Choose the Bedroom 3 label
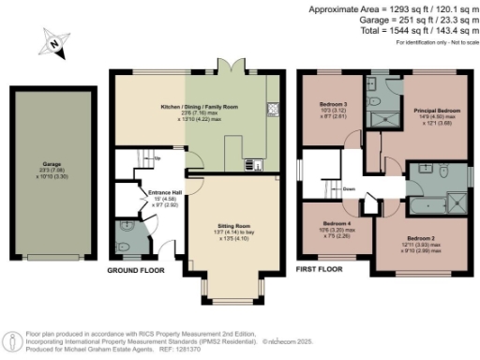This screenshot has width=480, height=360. click(333, 103)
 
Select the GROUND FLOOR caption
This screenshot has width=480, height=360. click(135, 270)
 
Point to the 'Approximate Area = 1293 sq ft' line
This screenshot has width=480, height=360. click(386, 8)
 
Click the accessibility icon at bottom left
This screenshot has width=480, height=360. click(12, 342)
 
